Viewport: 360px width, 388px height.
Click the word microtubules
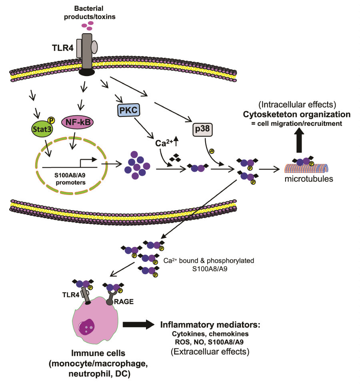tap(308, 179)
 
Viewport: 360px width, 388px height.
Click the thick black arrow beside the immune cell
tap(138, 325)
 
